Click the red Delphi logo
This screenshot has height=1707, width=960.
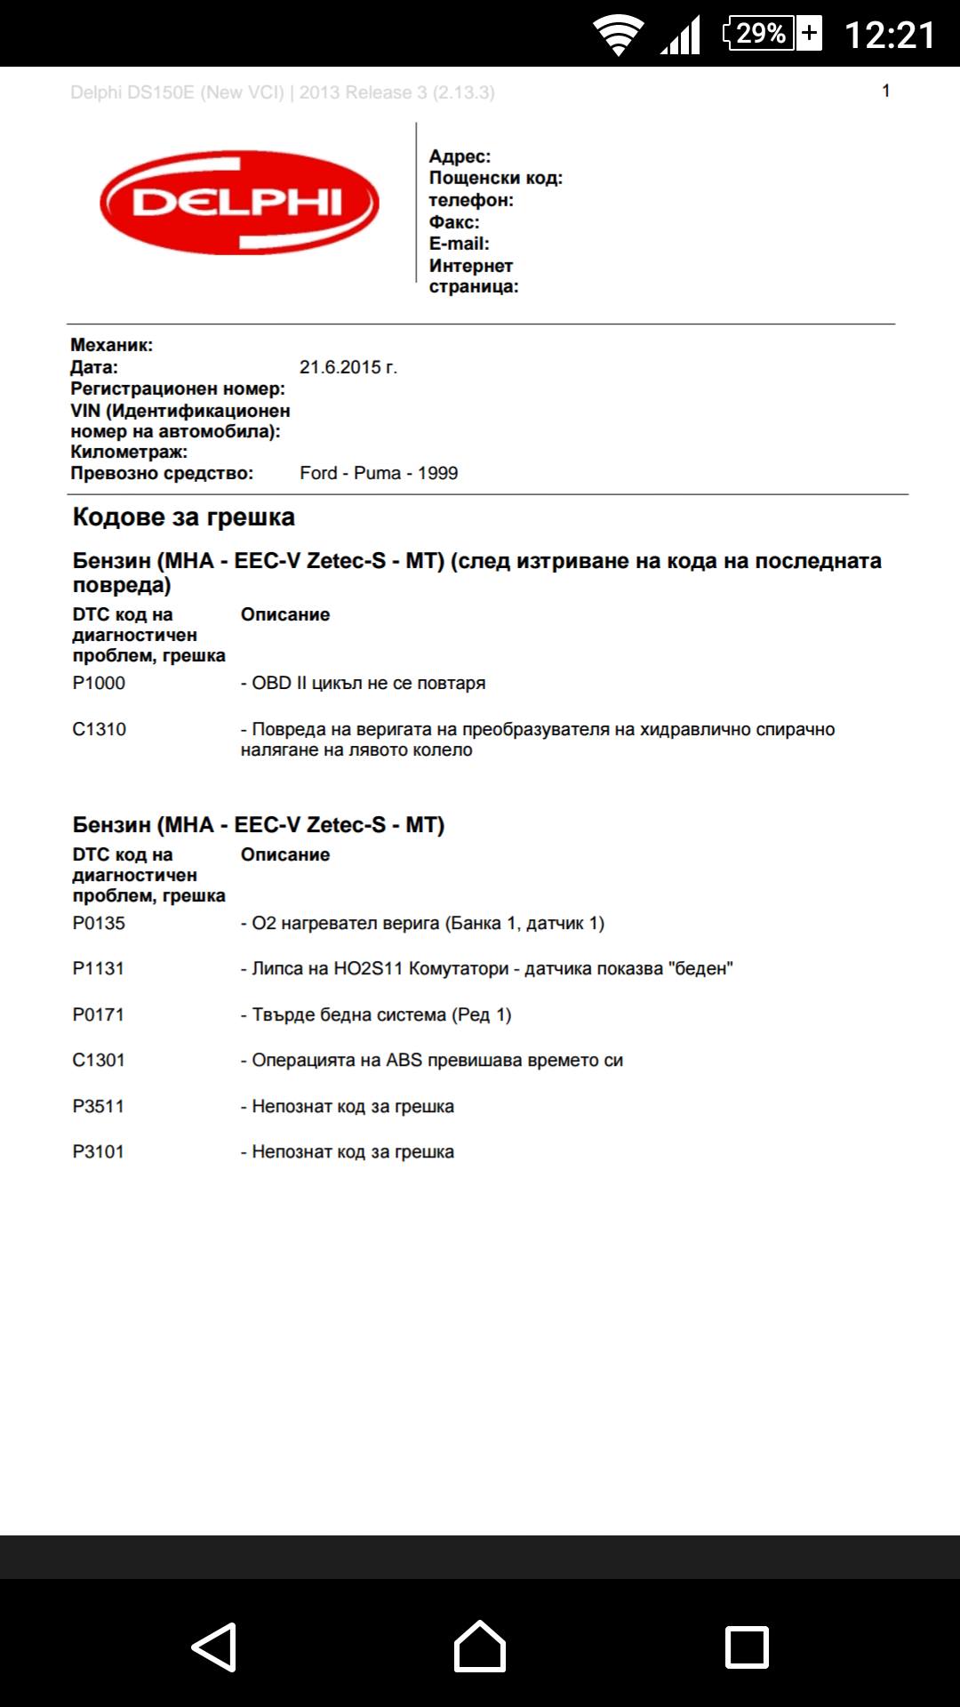click(239, 202)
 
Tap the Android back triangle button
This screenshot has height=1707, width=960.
click(215, 1647)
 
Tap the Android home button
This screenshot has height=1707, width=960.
click(480, 1646)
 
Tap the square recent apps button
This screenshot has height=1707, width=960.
click(747, 1647)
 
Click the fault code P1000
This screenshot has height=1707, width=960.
click(99, 683)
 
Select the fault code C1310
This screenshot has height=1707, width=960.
click(99, 729)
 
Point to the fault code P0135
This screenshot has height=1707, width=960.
click(99, 923)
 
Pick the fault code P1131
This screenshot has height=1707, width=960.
click(98, 968)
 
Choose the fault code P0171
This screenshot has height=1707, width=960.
click(98, 1014)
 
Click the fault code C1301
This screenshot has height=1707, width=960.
click(98, 1060)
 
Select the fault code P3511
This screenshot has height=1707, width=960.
click(98, 1106)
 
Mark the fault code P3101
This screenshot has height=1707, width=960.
click(98, 1151)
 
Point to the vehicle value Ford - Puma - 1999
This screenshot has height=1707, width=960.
click(379, 473)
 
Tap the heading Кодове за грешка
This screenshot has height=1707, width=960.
click(183, 517)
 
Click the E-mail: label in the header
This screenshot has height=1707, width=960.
click(459, 244)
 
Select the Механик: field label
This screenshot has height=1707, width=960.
click(111, 345)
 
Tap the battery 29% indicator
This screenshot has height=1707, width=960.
click(772, 34)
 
